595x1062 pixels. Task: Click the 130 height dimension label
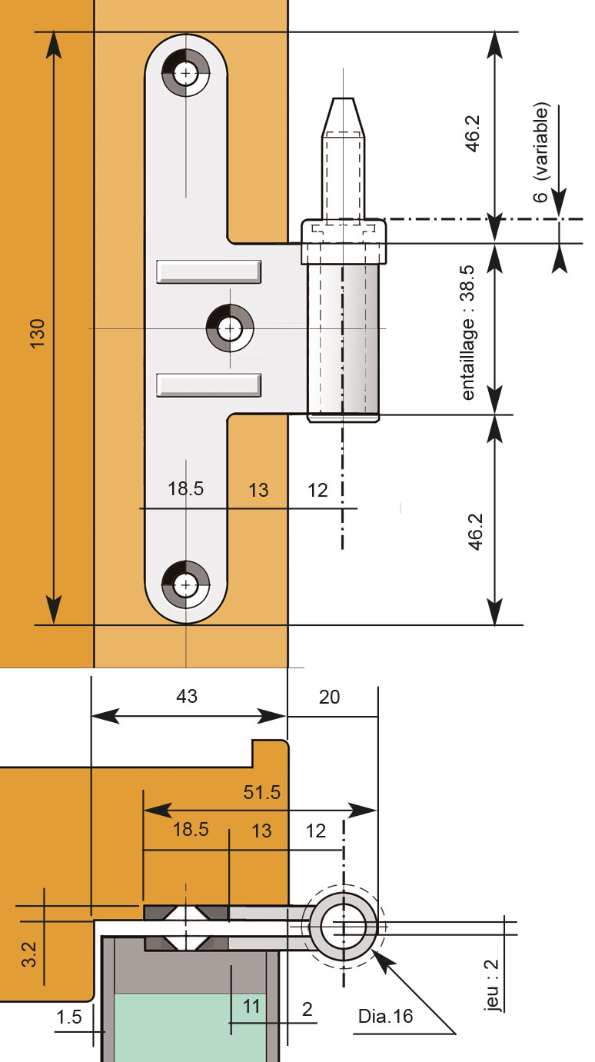(38, 334)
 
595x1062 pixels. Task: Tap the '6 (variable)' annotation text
(541, 152)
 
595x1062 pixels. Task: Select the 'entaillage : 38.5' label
(467, 332)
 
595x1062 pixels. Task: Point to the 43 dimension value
(186, 696)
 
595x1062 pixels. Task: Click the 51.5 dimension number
(261, 792)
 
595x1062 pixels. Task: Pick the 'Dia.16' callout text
(385, 1016)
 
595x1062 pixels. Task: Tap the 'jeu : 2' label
(492, 985)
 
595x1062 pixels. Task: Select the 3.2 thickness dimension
(29, 954)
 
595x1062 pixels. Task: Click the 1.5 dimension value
(69, 1017)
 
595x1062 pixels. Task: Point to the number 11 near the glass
(251, 1006)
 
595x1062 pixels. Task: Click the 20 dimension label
(329, 697)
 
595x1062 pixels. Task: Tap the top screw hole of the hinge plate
(185, 73)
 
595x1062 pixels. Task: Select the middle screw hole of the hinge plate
(230, 328)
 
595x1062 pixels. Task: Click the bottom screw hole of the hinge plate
(185, 584)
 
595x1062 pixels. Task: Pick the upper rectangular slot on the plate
(208, 271)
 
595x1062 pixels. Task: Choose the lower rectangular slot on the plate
(208, 385)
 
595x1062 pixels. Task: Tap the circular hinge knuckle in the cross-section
(343, 927)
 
